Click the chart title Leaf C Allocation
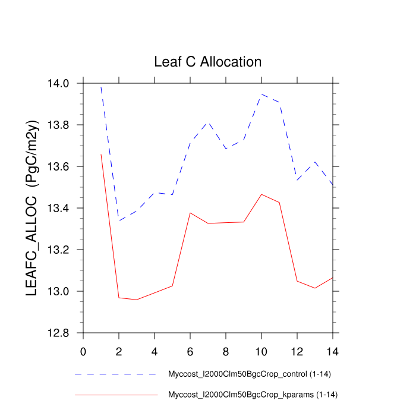point(207,62)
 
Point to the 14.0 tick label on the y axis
point(62,83)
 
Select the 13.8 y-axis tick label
point(62,125)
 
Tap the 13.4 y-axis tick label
point(62,209)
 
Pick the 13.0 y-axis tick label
point(62,292)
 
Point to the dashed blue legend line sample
point(116,375)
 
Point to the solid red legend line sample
point(116,395)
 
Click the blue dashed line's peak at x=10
point(261,94)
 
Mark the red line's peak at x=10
point(261,194)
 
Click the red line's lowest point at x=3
point(137,300)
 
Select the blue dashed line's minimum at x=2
point(119,220)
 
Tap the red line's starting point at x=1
point(101,155)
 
